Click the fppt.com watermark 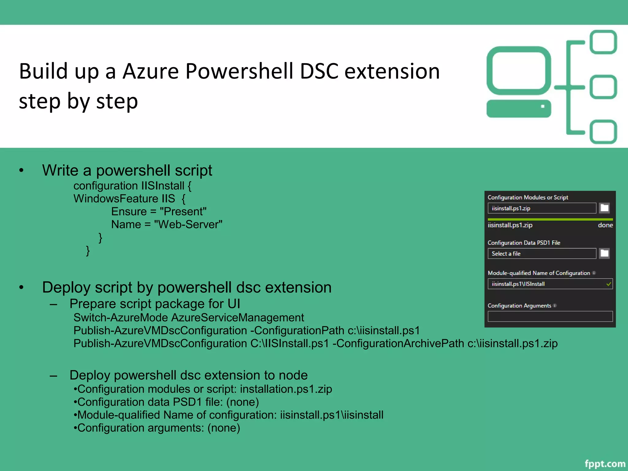coord(605,463)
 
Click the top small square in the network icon coord(603,42)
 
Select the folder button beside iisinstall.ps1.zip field coord(604,208)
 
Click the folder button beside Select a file coord(604,254)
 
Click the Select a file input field coord(542,254)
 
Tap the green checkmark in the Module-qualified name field coord(609,284)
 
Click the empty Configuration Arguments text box coord(550,316)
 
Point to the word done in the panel coord(605,225)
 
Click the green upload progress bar coord(550,220)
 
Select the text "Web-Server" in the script coord(188,224)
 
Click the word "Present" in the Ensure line coord(183,212)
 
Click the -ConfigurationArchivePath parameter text coord(398,343)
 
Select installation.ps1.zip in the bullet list coord(286,389)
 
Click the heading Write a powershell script coord(127,170)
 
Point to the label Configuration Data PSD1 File coord(524,243)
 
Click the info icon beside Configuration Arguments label coord(555,305)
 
